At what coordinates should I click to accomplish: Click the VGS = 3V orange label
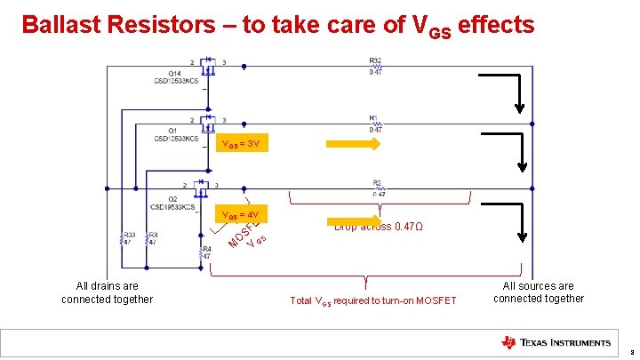pos(243,145)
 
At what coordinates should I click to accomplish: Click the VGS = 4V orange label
pos(243,216)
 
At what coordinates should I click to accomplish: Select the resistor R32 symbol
pos(375,65)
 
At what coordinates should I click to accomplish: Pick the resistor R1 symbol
pos(375,124)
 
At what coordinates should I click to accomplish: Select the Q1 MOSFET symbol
pos(210,124)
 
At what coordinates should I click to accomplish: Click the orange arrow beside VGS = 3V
pos(353,144)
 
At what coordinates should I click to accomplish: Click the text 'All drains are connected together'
pos(107,292)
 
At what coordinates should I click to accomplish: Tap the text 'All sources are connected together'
pos(539,292)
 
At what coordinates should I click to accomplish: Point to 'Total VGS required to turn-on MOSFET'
pos(372,301)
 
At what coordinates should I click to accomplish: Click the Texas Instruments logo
pos(556,342)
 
